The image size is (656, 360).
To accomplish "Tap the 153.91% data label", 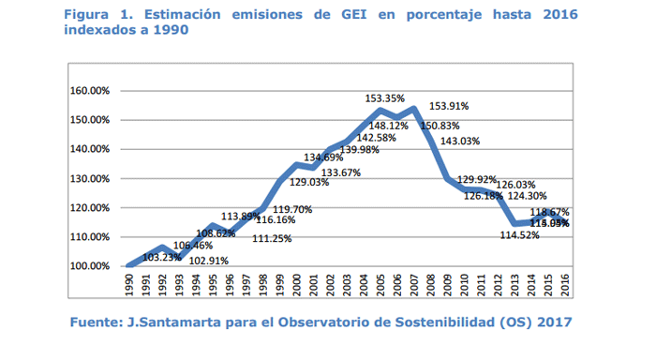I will click(x=448, y=107).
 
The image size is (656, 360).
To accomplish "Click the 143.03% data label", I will click(x=460, y=142).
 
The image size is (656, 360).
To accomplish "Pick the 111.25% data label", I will click(x=273, y=239).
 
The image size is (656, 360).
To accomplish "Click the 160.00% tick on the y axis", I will click(x=89, y=91).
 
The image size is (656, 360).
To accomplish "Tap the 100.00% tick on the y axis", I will click(x=89, y=265).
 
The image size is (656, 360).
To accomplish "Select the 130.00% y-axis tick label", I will click(x=89, y=178).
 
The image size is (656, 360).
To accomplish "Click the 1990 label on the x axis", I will click(x=128, y=285).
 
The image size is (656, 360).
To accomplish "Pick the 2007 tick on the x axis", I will click(x=414, y=285).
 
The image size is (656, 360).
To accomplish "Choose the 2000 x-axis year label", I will click(x=296, y=285).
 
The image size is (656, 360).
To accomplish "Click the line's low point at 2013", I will click(x=514, y=223).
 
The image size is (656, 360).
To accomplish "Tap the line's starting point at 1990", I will click(x=128, y=265).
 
